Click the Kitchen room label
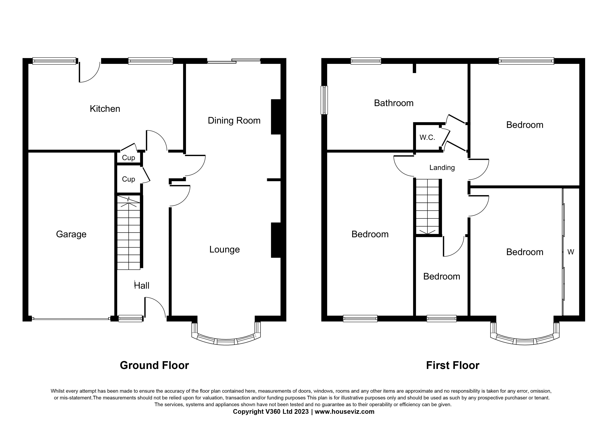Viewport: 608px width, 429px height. tap(105, 109)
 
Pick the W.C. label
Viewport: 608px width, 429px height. tap(427, 137)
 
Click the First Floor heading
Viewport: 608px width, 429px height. tap(452, 365)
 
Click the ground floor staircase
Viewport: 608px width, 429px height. tap(129, 233)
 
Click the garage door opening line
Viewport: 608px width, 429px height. tap(71, 319)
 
